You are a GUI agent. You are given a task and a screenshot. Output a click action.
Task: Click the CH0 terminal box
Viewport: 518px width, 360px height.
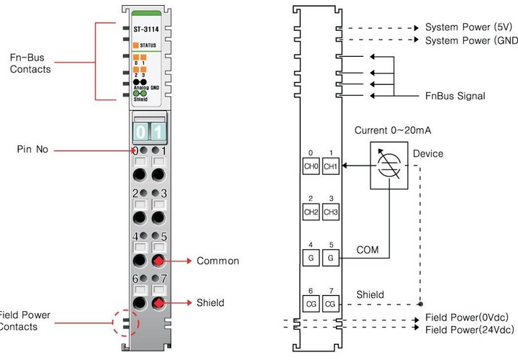click(x=312, y=166)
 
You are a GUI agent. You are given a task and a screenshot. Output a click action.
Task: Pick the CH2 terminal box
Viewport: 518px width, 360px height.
click(x=312, y=212)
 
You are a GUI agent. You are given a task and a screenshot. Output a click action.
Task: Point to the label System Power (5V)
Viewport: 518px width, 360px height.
click(x=468, y=27)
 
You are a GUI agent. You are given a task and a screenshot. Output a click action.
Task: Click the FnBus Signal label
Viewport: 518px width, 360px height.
click(x=455, y=96)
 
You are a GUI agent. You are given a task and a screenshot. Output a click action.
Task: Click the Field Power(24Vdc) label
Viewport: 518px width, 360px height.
click(x=471, y=329)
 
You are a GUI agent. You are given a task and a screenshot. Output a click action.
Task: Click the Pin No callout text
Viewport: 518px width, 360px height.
click(x=33, y=150)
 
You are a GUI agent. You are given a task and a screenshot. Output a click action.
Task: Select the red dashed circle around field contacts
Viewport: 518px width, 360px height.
click(x=125, y=322)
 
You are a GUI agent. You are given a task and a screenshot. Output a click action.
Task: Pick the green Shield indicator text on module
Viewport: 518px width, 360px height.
click(x=141, y=100)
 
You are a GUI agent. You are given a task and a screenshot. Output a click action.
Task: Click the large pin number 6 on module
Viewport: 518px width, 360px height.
click(x=135, y=279)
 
